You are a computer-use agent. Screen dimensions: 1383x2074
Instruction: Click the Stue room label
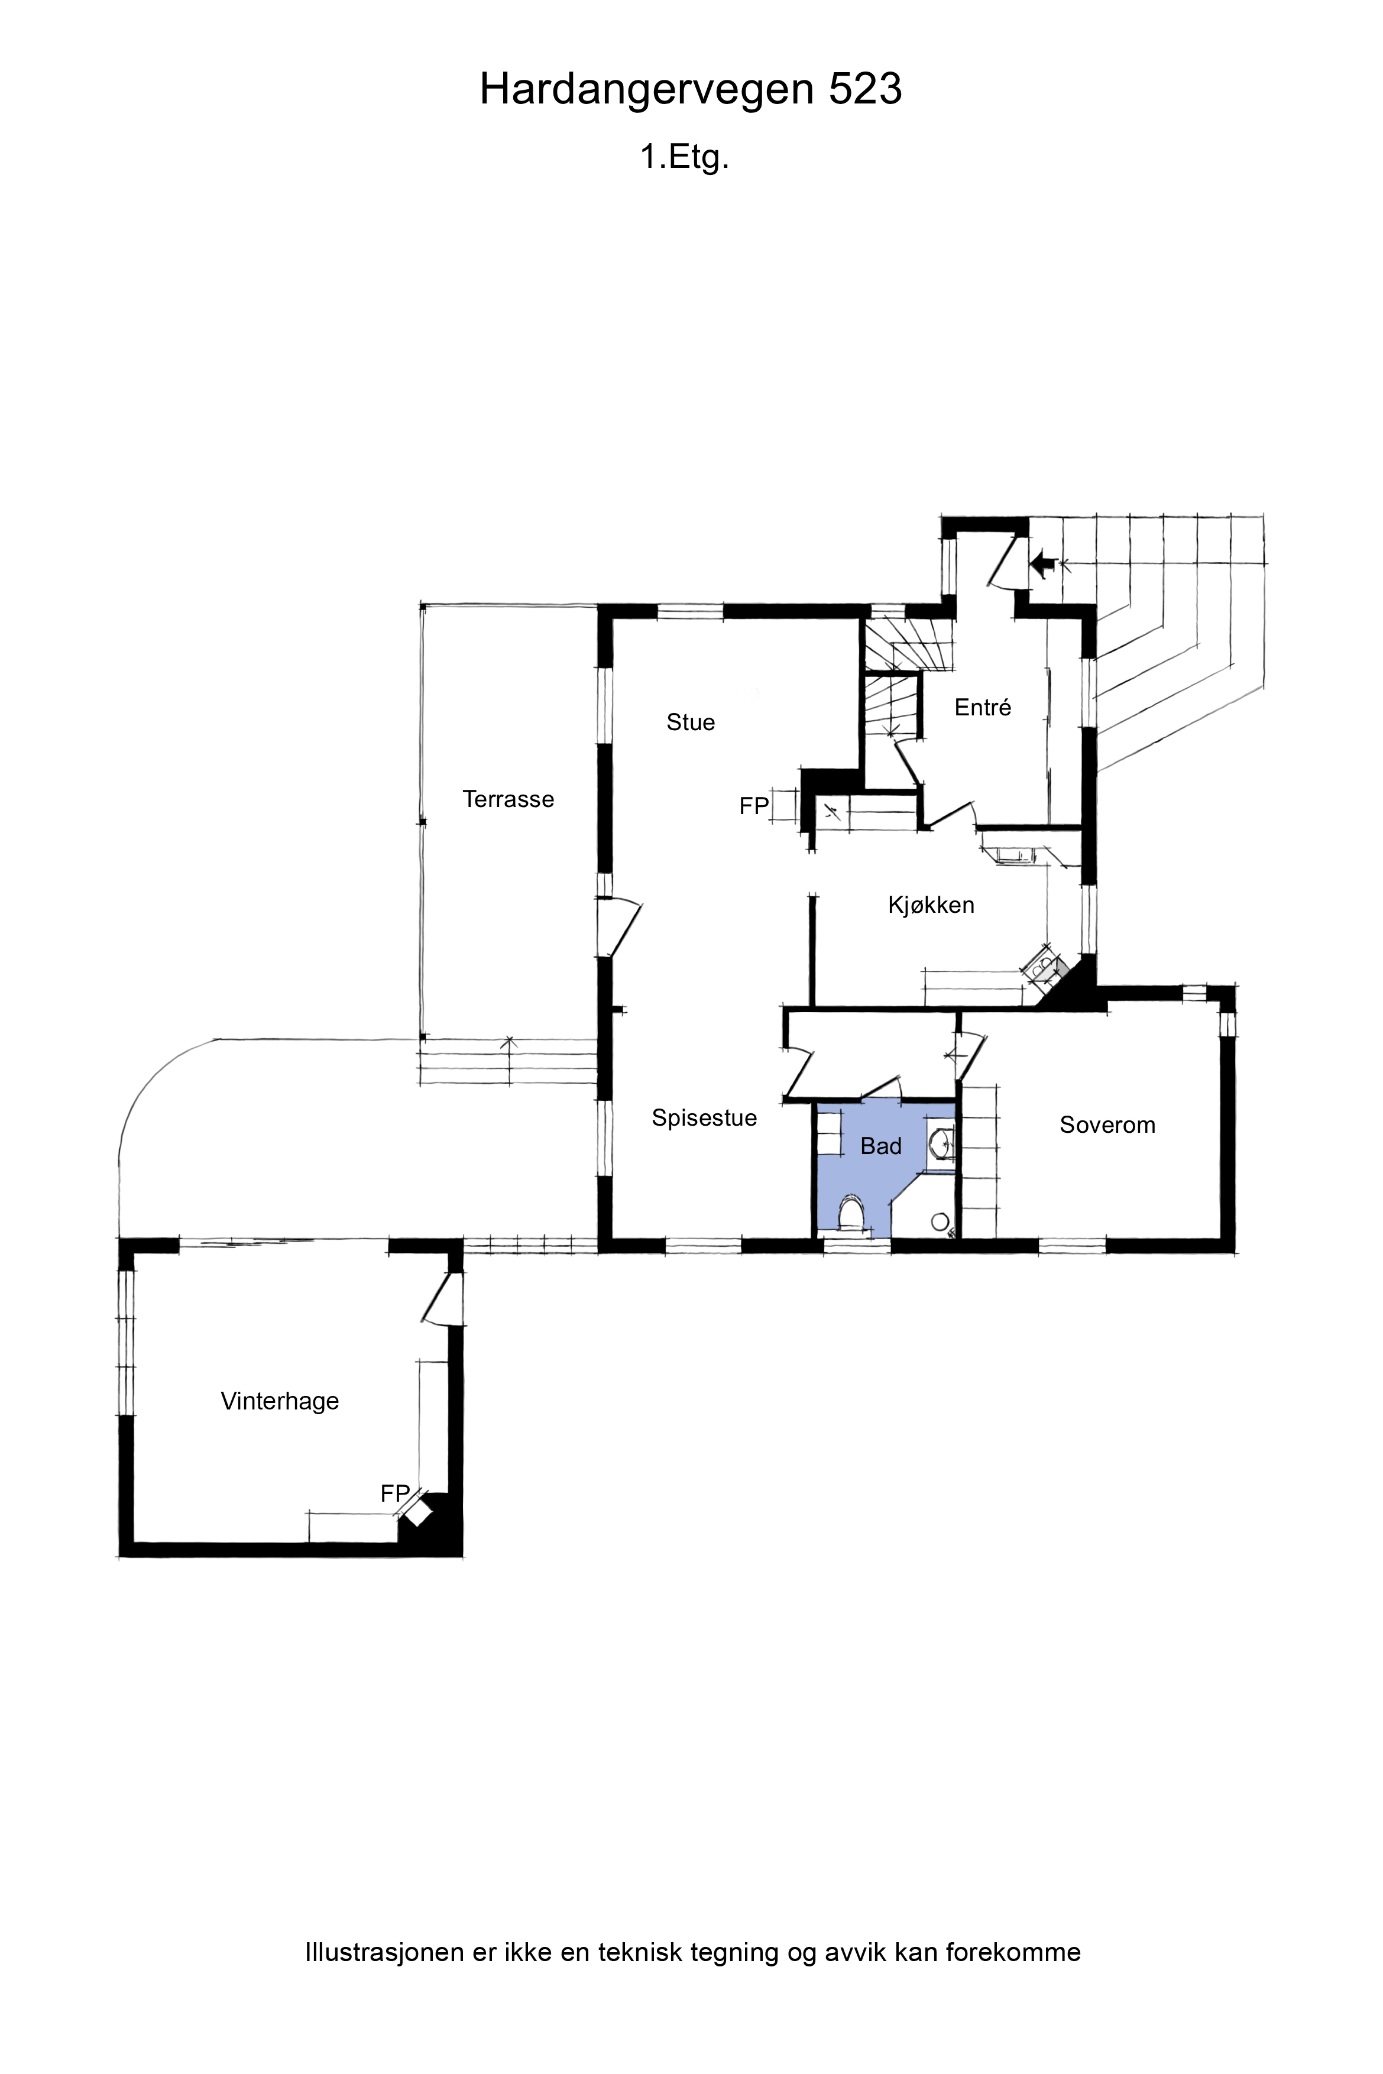691,722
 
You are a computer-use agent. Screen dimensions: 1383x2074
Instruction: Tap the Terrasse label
509,799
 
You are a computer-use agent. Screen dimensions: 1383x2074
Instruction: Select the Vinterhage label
280,1401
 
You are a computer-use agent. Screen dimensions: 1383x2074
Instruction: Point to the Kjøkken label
931,905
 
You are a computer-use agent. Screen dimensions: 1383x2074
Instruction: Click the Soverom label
1108,1125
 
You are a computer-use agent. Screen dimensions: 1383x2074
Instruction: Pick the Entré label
983,707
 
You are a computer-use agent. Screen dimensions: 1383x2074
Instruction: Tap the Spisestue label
705,1118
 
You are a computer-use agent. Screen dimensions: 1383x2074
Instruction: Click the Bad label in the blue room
881,1146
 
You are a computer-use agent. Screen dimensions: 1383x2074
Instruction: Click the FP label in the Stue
754,806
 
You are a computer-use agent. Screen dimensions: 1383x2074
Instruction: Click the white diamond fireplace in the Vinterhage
418,1514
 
